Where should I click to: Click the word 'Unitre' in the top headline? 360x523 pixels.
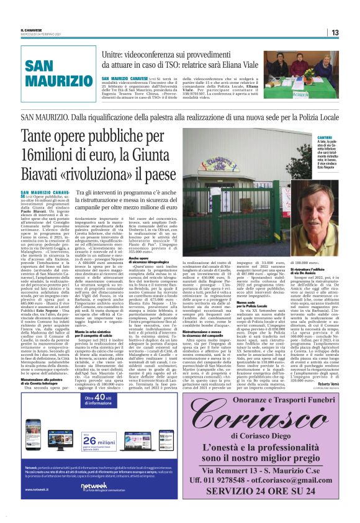tap(114, 56)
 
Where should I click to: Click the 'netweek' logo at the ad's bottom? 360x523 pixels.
tap(93, 503)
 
